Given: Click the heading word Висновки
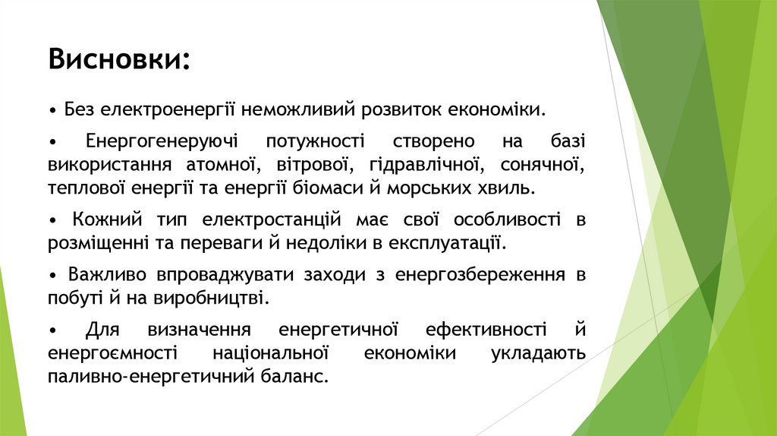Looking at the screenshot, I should pos(119,59).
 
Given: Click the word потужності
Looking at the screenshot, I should pos(315,142).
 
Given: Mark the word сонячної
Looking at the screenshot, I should pos(540,164).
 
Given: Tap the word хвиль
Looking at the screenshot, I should pos(511,187).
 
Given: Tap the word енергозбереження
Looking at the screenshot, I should pos(480,275).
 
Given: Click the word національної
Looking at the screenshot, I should pos(271,353).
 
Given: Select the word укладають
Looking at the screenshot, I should pos(538,353).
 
